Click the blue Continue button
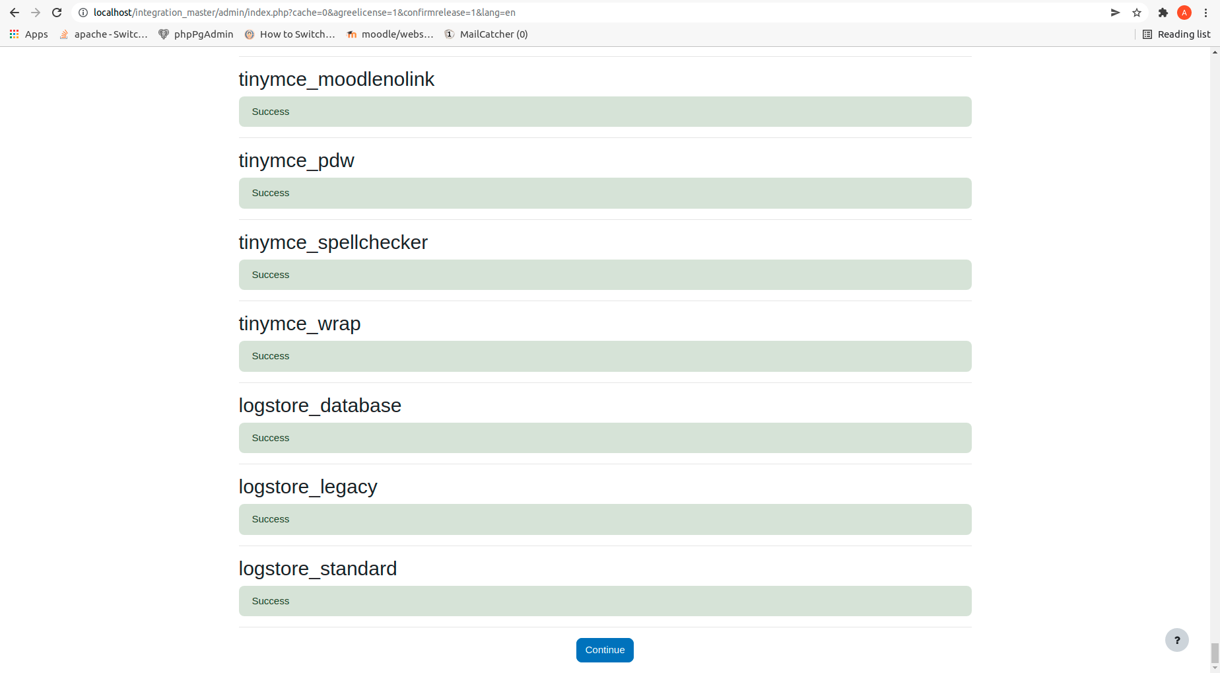coord(605,650)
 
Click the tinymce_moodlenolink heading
coord(337,79)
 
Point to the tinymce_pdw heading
coord(296,160)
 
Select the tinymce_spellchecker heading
coord(333,242)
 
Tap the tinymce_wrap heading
coord(300,324)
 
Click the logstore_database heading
coord(320,406)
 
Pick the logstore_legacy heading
coord(308,487)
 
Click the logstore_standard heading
coord(318,569)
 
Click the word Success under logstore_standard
coord(271,601)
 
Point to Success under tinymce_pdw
coord(271,193)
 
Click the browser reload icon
coord(57,13)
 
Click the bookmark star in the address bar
coord(1137,13)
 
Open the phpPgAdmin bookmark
coord(196,34)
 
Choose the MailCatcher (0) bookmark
coord(486,34)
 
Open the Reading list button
coord(1177,34)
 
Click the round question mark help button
coord(1177,640)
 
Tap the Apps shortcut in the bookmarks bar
coord(28,34)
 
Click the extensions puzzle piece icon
coord(1163,13)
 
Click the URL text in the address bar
coord(304,13)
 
